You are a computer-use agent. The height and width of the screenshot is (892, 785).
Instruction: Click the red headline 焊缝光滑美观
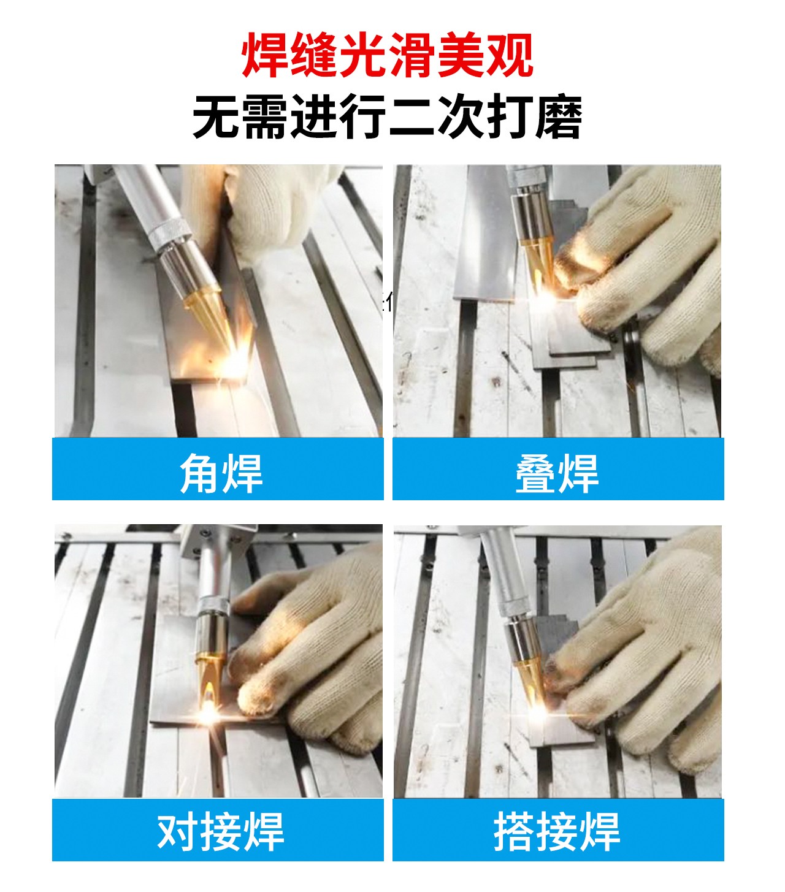[x=388, y=55]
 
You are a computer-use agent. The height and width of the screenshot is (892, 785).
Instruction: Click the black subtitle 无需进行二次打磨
[x=388, y=116]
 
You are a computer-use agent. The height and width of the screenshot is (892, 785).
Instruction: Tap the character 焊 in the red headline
[x=265, y=55]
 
